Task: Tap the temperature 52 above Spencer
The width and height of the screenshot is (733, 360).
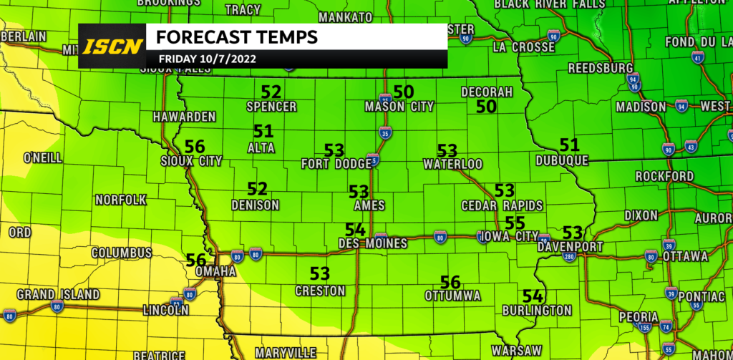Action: pyautogui.click(x=271, y=92)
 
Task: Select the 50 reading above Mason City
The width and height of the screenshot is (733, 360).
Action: pyautogui.click(x=404, y=92)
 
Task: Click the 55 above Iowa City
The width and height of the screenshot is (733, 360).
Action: pyautogui.click(x=515, y=222)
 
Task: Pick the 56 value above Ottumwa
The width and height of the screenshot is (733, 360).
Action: pyautogui.click(x=450, y=281)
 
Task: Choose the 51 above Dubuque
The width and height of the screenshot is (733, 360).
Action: pyautogui.click(x=569, y=145)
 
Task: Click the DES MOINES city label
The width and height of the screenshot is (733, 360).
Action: pyautogui.click(x=372, y=244)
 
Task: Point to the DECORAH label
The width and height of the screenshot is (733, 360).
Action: pyautogui.click(x=487, y=92)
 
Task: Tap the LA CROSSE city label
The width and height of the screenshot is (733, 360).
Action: pyautogui.click(x=524, y=48)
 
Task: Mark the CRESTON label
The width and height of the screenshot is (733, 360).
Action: pyautogui.click(x=320, y=291)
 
